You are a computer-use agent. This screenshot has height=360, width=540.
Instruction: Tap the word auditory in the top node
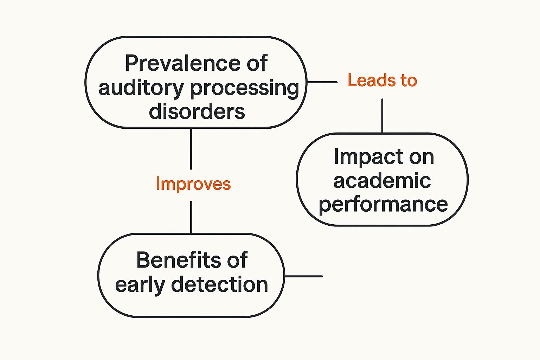pyautogui.click(x=141, y=88)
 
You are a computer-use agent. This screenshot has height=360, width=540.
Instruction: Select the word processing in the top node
pyautogui.click(x=245, y=89)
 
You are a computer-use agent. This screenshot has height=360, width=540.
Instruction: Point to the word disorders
pyautogui.click(x=197, y=111)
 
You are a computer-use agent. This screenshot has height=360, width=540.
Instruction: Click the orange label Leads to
pyautogui.click(x=382, y=81)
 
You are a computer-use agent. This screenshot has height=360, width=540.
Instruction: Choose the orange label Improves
pyautogui.click(x=193, y=184)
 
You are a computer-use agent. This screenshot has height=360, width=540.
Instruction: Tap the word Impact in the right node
pyautogui.click(x=366, y=157)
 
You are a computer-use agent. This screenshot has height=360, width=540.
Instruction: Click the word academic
pyautogui.click(x=382, y=181)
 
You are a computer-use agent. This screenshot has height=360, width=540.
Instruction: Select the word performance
pyautogui.click(x=383, y=205)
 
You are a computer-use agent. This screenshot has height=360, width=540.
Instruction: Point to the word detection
pyautogui.click(x=220, y=284)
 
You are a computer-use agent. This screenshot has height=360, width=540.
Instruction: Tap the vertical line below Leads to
pyautogui.click(x=382, y=116)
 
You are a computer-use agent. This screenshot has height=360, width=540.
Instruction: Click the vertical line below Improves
pyautogui.click(x=191, y=217)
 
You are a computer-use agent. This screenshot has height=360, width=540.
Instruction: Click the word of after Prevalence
pyautogui.click(x=257, y=64)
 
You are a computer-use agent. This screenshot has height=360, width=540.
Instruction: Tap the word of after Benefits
pyautogui.click(x=237, y=260)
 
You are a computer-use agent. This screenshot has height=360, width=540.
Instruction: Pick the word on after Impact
pyautogui.click(x=422, y=157)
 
